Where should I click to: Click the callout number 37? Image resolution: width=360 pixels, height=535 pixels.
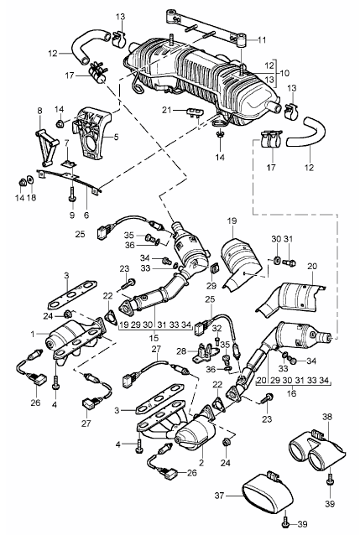[219, 495]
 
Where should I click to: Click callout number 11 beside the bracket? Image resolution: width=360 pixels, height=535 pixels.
[262, 40]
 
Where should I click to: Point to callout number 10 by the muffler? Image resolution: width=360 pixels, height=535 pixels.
[284, 73]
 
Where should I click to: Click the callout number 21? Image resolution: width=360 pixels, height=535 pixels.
[166, 110]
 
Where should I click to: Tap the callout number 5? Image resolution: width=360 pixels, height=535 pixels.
[116, 138]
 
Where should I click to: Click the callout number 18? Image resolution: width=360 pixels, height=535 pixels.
[31, 198]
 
